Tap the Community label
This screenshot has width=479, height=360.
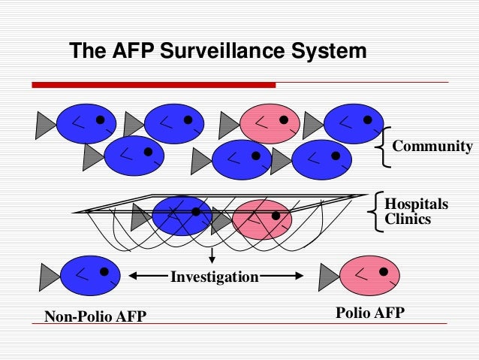click(x=432, y=146)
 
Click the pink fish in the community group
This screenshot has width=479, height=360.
click(x=270, y=123)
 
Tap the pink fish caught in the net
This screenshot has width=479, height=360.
click(x=261, y=219)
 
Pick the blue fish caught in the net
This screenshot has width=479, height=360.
click(x=182, y=216)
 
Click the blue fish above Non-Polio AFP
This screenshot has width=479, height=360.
click(x=91, y=276)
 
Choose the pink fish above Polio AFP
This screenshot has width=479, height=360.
click(x=370, y=275)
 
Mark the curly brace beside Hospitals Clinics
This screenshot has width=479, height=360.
click(x=376, y=211)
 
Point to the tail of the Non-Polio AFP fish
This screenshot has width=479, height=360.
click(x=46, y=276)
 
